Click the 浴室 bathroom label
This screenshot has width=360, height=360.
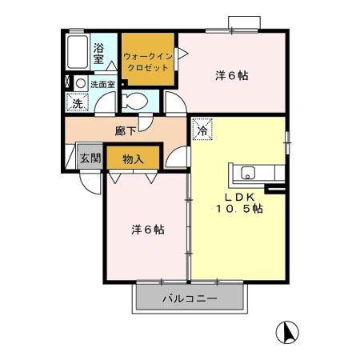tap(99, 53)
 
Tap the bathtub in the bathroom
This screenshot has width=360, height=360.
tap(78, 53)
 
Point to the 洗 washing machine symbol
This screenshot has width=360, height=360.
tap(78, 103)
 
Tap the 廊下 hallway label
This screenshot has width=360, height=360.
tap(125, 130)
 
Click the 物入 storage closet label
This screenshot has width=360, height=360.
tap(133, 158)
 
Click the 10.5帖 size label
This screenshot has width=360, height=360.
tap(238, 209)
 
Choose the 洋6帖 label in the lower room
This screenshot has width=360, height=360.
tap(148, 230)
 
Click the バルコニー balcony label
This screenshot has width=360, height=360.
tap(189, 299)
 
